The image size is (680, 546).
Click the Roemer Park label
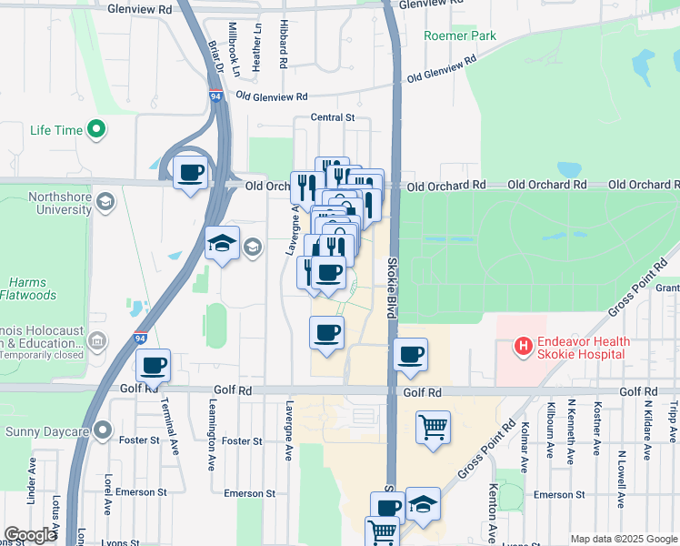459,36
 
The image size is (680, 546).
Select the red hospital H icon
523,346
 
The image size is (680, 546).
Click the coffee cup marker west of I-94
190,172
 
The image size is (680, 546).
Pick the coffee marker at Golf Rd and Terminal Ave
153,366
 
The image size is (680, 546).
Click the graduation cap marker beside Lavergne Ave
222,244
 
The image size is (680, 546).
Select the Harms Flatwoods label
34,288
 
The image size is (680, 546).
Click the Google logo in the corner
30,535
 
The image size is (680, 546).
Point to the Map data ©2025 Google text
624,539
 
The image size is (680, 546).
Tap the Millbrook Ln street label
234,48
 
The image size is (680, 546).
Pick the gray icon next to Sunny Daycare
103,429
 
